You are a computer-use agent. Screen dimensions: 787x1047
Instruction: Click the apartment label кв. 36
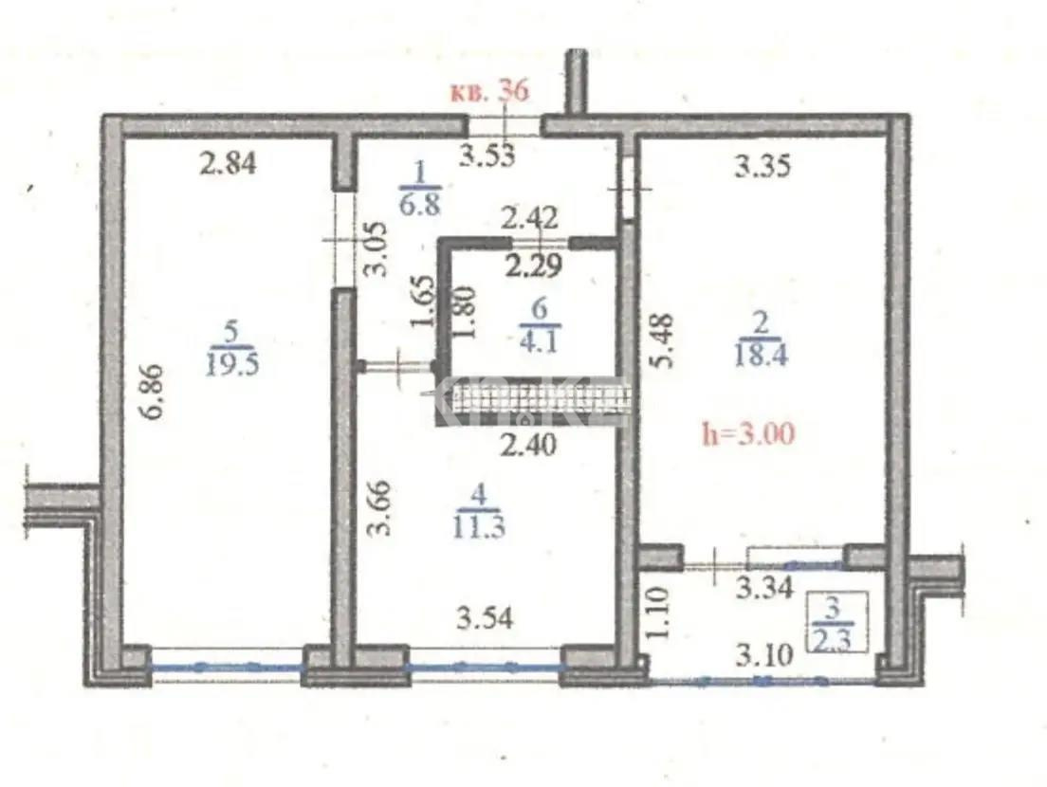pos(487,92)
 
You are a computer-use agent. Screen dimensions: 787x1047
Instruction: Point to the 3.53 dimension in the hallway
pos(487,155)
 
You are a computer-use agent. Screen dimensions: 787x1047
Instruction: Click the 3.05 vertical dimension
pos(377,248)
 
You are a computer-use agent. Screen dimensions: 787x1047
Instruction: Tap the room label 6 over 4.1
pos(537,324)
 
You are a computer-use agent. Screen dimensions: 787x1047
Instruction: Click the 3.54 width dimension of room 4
pos(485,619)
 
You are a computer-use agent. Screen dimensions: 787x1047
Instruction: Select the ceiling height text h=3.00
pos(747,434)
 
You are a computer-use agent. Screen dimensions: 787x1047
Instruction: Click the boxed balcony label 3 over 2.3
pos(833,620)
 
